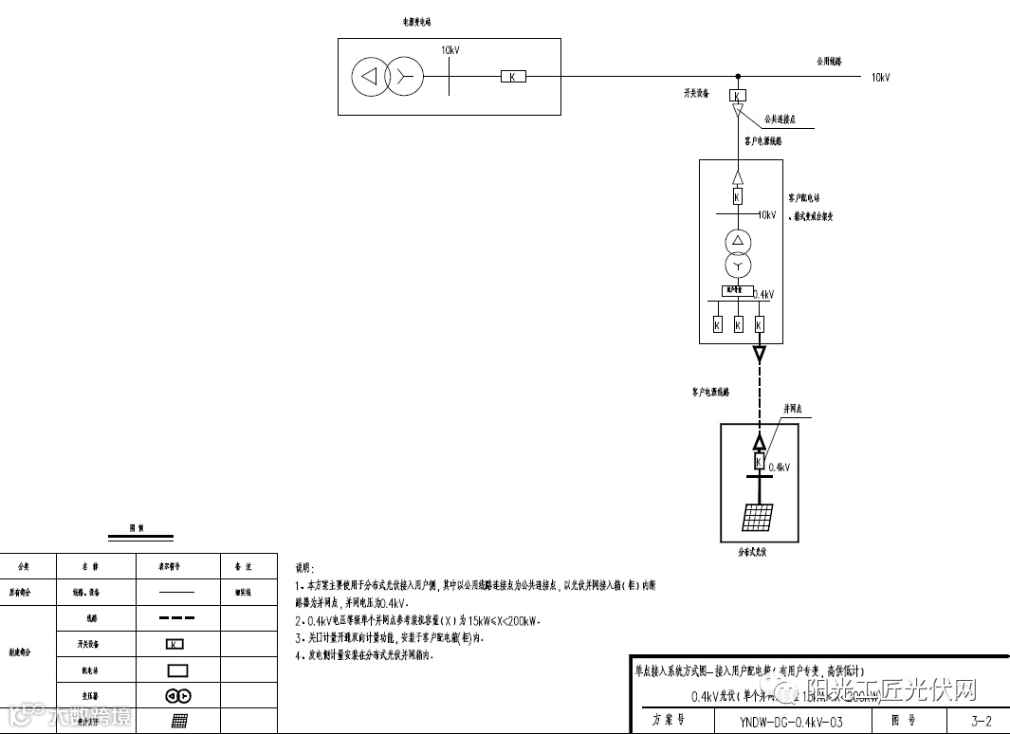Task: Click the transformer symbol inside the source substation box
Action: [x=387, y=77]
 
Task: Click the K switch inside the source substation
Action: [x=513, y=77]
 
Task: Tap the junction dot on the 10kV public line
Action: [x=738, y=77]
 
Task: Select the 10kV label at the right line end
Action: [x=880, y=78]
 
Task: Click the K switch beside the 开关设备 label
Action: [x=738, y=96]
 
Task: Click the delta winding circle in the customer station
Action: [x=738, y=240]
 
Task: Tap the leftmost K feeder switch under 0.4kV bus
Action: [x=717, y=325]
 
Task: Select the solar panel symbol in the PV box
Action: [x=757, y=517]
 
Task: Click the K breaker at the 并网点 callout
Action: [x=759, y=462]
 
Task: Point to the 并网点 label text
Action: [x=794, y=410]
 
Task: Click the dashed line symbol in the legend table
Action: [x=177, y=618]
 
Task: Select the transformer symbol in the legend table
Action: [x=178, y=695]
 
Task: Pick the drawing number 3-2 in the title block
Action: [x=981, y=721]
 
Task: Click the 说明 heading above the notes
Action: [x=304, y=567]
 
